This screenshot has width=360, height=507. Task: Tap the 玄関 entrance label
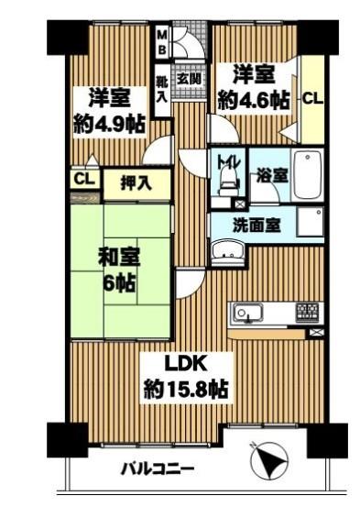tap(191, 79)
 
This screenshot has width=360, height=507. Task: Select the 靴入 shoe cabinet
tap(162, 90)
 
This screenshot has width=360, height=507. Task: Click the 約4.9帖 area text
tap(109, 124)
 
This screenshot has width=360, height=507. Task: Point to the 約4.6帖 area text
tap(254, 100)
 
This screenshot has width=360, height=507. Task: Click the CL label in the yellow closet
tap(312, 99)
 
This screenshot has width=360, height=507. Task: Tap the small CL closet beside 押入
tap(85, 179)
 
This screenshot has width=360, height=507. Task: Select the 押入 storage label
tap(136, 183)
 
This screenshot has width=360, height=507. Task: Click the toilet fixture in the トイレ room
tap(228, 182)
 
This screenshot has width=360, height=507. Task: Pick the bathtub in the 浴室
tap(307, 176)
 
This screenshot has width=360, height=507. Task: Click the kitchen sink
tap(247, 313)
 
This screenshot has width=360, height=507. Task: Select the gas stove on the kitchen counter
tap(307, 312)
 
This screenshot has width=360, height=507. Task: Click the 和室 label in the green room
tap(119, 258)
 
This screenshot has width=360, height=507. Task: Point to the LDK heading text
tap(186, 364)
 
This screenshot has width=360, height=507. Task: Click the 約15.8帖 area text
tap(186, 390)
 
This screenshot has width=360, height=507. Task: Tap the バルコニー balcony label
tap(157, 468)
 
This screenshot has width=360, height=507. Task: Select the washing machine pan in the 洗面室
tap(311, 222)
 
